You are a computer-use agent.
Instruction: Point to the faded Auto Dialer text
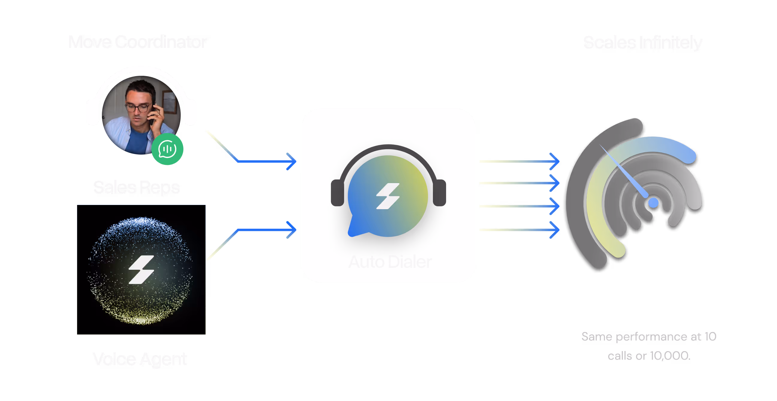point(390,262)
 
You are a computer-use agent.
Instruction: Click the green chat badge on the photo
point(167,149)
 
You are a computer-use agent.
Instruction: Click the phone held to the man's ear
point(153,114)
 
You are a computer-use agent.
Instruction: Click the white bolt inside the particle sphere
point(141,269)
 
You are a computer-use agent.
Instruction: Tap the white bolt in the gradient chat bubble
point(388,196)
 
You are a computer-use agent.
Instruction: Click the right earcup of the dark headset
point(439,193)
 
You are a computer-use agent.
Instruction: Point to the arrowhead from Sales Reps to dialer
point(291,161)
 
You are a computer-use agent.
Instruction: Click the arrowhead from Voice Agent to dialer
point(291,230)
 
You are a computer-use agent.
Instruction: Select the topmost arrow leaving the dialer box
point(519,161)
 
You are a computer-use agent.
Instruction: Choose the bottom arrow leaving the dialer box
point(519,230)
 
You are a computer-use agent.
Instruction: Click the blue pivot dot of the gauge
point(653,203)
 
